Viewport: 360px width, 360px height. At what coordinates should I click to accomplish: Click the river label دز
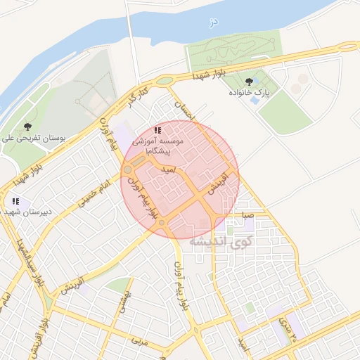(x=214, y=22)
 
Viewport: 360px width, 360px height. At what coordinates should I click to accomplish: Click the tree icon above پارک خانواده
(x=248, y=81)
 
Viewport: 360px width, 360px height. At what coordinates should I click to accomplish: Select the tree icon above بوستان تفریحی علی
(x=27, y=127)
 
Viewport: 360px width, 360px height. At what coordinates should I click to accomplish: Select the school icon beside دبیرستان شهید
(x=15, y=202)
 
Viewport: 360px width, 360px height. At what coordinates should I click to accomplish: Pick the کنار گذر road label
(x=137, y=97)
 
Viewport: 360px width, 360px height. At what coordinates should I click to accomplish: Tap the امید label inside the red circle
(x=168, y=169)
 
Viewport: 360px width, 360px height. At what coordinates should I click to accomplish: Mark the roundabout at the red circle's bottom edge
(x=162, y=224)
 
